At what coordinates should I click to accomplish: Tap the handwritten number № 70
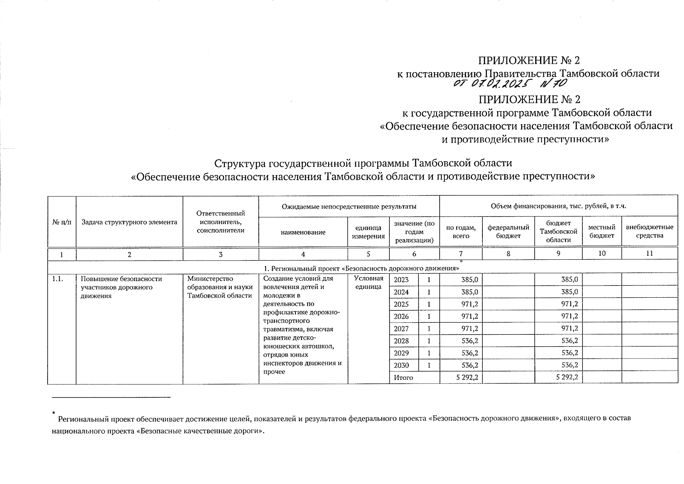pyautogui.click(x=554, y=83)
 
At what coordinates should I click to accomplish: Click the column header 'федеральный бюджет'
pyautogui.click(x=508, y=232)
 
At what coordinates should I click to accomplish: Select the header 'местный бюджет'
pyautogui.click(x=602, y=232)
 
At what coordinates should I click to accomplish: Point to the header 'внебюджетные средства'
pyautogui.click(x=649, y=232)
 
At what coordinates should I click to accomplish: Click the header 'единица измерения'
pyautogui.click(x=368, y=232)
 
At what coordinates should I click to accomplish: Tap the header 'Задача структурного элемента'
pyautogui.click(x=129, y=222)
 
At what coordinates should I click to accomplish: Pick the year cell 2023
pyautogui.click(x=401, y=280)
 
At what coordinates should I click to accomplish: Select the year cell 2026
pyautogui.click(x=401, y=317)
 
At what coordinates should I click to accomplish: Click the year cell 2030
pyautogui.click(x=401, y=365)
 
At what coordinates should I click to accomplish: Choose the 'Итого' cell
pyautogui.click(x=403, y=378)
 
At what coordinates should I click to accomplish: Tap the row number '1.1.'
pyautogui.click(x=58, y=279)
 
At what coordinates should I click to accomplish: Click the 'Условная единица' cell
pyautogui.click(x=368, y=282)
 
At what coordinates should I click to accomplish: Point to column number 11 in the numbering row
pyautogui.click(x=649, y=254)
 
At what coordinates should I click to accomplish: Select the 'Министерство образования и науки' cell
pyautogui.click(x=220, y=287)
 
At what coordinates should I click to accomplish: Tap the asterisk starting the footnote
pyautogui.click(x=53, y=413)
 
